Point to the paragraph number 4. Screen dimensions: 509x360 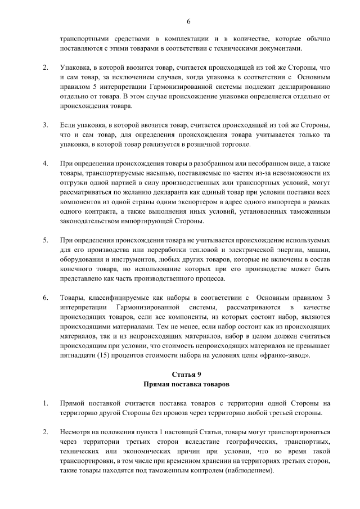pos(45,164)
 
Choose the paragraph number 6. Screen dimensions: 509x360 pos(45,297)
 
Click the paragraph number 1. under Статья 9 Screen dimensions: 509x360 pos(45,403)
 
